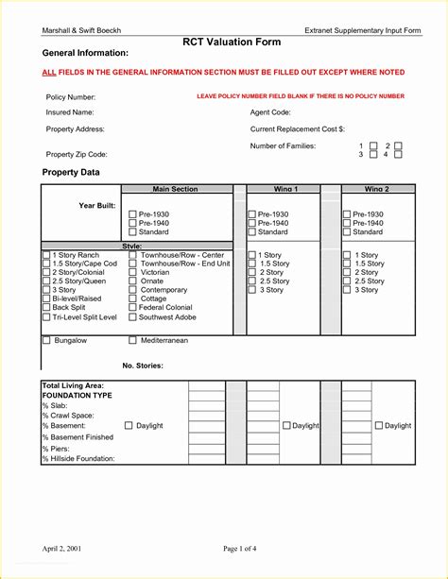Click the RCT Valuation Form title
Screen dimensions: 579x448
click(x=223, y=42)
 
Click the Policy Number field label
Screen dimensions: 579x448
click(x=71, y=97)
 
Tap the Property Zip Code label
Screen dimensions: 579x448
click(x=77, y=154)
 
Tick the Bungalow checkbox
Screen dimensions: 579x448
click(x=46, y=340)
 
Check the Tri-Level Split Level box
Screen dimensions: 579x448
click(x=46, y=317)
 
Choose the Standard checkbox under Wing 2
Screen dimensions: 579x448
click(x=346, y=231)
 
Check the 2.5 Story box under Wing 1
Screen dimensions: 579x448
click(x=251, y=281)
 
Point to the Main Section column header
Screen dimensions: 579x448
click(x=175, y=189)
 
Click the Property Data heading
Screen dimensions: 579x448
click(x=71, y=172)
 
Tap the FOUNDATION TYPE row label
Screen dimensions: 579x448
click(x=77, y=395)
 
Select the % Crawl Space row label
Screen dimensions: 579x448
click(x=68, y=416)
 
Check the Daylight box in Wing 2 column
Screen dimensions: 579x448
click(x=379, y=426)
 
